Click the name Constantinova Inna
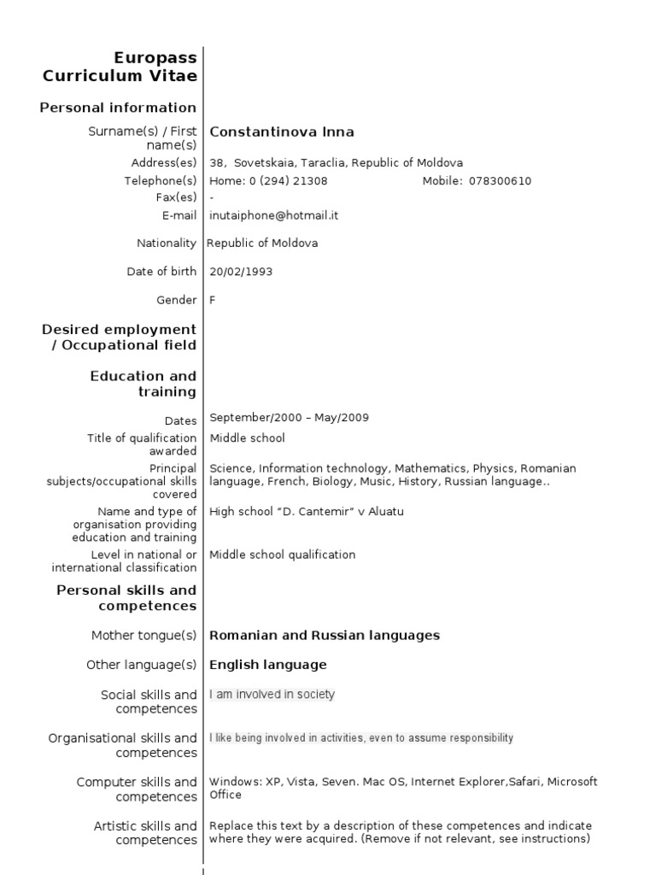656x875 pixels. (x=282, y=132)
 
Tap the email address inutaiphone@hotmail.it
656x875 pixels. (x=274, y=215)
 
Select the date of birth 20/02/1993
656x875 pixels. (x=242, y=272)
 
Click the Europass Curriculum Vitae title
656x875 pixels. (x=120, y=67)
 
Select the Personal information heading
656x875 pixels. (x=118, y=108)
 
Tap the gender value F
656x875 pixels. (x=213, y=300)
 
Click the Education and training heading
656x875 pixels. (x=143, y=384)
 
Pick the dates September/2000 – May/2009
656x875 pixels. (x=290, y=418)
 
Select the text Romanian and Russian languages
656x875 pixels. (x=325, y=635)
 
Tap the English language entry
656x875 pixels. (x=268, y=664)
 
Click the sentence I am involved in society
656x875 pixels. (x=272, y=695)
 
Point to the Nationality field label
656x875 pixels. (x=167, y=243)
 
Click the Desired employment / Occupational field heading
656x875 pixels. (x=120, y=337)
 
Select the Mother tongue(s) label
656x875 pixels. (x=143, y=636)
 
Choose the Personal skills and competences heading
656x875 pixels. (x=126, y=597)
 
